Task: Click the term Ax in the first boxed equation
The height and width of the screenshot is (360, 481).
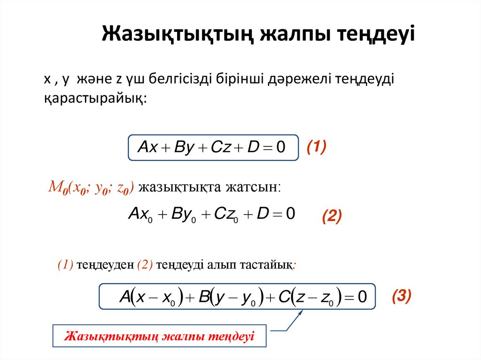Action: click(x=147, y=148)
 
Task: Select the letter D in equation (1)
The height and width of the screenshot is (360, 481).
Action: click(x=253, y=148)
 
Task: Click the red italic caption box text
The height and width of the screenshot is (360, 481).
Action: click(x=159, y=336)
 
